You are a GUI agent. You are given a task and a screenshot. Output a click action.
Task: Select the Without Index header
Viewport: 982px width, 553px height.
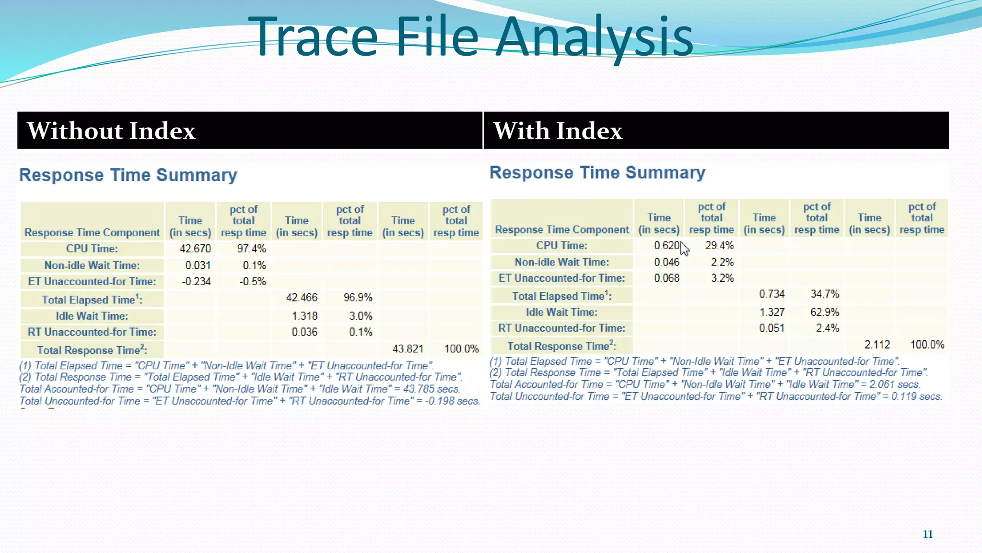111,131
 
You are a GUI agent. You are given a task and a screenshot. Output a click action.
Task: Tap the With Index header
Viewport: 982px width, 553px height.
558,131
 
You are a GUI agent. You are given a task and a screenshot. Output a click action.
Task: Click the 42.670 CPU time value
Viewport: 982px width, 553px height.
195,249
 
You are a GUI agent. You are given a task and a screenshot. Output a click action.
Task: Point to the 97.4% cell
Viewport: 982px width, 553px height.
251,249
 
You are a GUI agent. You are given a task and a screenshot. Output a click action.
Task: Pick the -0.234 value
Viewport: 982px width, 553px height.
196,281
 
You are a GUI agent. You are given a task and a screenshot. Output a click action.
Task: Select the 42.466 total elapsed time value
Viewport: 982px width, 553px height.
302,298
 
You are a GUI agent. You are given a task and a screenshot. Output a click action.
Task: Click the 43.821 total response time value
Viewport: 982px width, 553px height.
408,349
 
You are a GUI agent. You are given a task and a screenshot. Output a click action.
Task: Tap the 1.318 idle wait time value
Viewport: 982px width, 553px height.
304,316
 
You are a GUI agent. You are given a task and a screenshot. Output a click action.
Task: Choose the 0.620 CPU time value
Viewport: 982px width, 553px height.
666,246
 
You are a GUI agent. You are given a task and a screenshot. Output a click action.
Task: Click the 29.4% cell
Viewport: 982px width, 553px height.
719,246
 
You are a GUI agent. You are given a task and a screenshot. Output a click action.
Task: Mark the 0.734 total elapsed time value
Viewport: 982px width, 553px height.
772,294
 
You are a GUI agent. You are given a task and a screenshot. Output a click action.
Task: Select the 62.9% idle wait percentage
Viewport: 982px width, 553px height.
824,312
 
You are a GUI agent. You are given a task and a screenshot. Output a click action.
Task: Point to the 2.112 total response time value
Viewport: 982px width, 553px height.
877,345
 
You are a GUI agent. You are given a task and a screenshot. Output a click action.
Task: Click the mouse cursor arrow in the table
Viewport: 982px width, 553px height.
684,249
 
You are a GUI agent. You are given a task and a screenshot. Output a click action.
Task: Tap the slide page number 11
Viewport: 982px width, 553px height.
927,534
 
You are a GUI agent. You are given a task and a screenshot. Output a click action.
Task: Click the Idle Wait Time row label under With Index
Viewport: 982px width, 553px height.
561,312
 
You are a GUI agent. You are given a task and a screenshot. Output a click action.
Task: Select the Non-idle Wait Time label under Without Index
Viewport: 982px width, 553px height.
92,265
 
